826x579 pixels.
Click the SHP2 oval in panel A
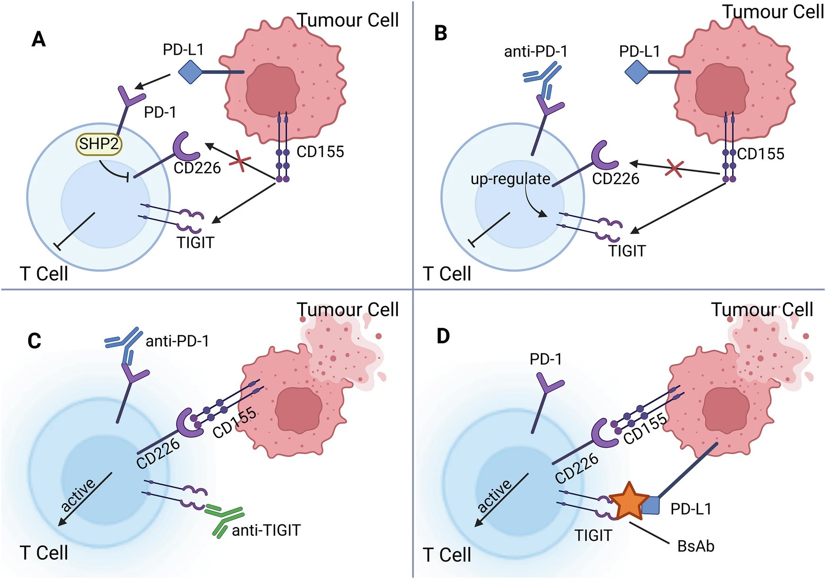coord(99,143)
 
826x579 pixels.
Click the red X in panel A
coord(240,162)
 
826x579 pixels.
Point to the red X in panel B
coord(674,168)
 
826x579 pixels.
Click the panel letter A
coord(39,39)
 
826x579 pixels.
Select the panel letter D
coord(443,336)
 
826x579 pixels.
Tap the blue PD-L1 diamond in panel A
coord(190,72)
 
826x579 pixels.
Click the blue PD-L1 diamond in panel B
coord(636,72)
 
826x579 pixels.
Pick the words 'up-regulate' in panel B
coord(510,179)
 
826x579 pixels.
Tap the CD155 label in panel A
coord(320,152)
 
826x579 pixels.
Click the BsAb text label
coord(696,546)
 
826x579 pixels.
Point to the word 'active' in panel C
coord(78,494)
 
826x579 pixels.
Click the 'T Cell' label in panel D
coord(447,554)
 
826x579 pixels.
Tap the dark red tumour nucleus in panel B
coord(721,90)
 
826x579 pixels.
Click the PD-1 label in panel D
coord(546,359)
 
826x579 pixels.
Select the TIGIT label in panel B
coord(627,251)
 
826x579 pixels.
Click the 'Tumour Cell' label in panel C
coord(347,310)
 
